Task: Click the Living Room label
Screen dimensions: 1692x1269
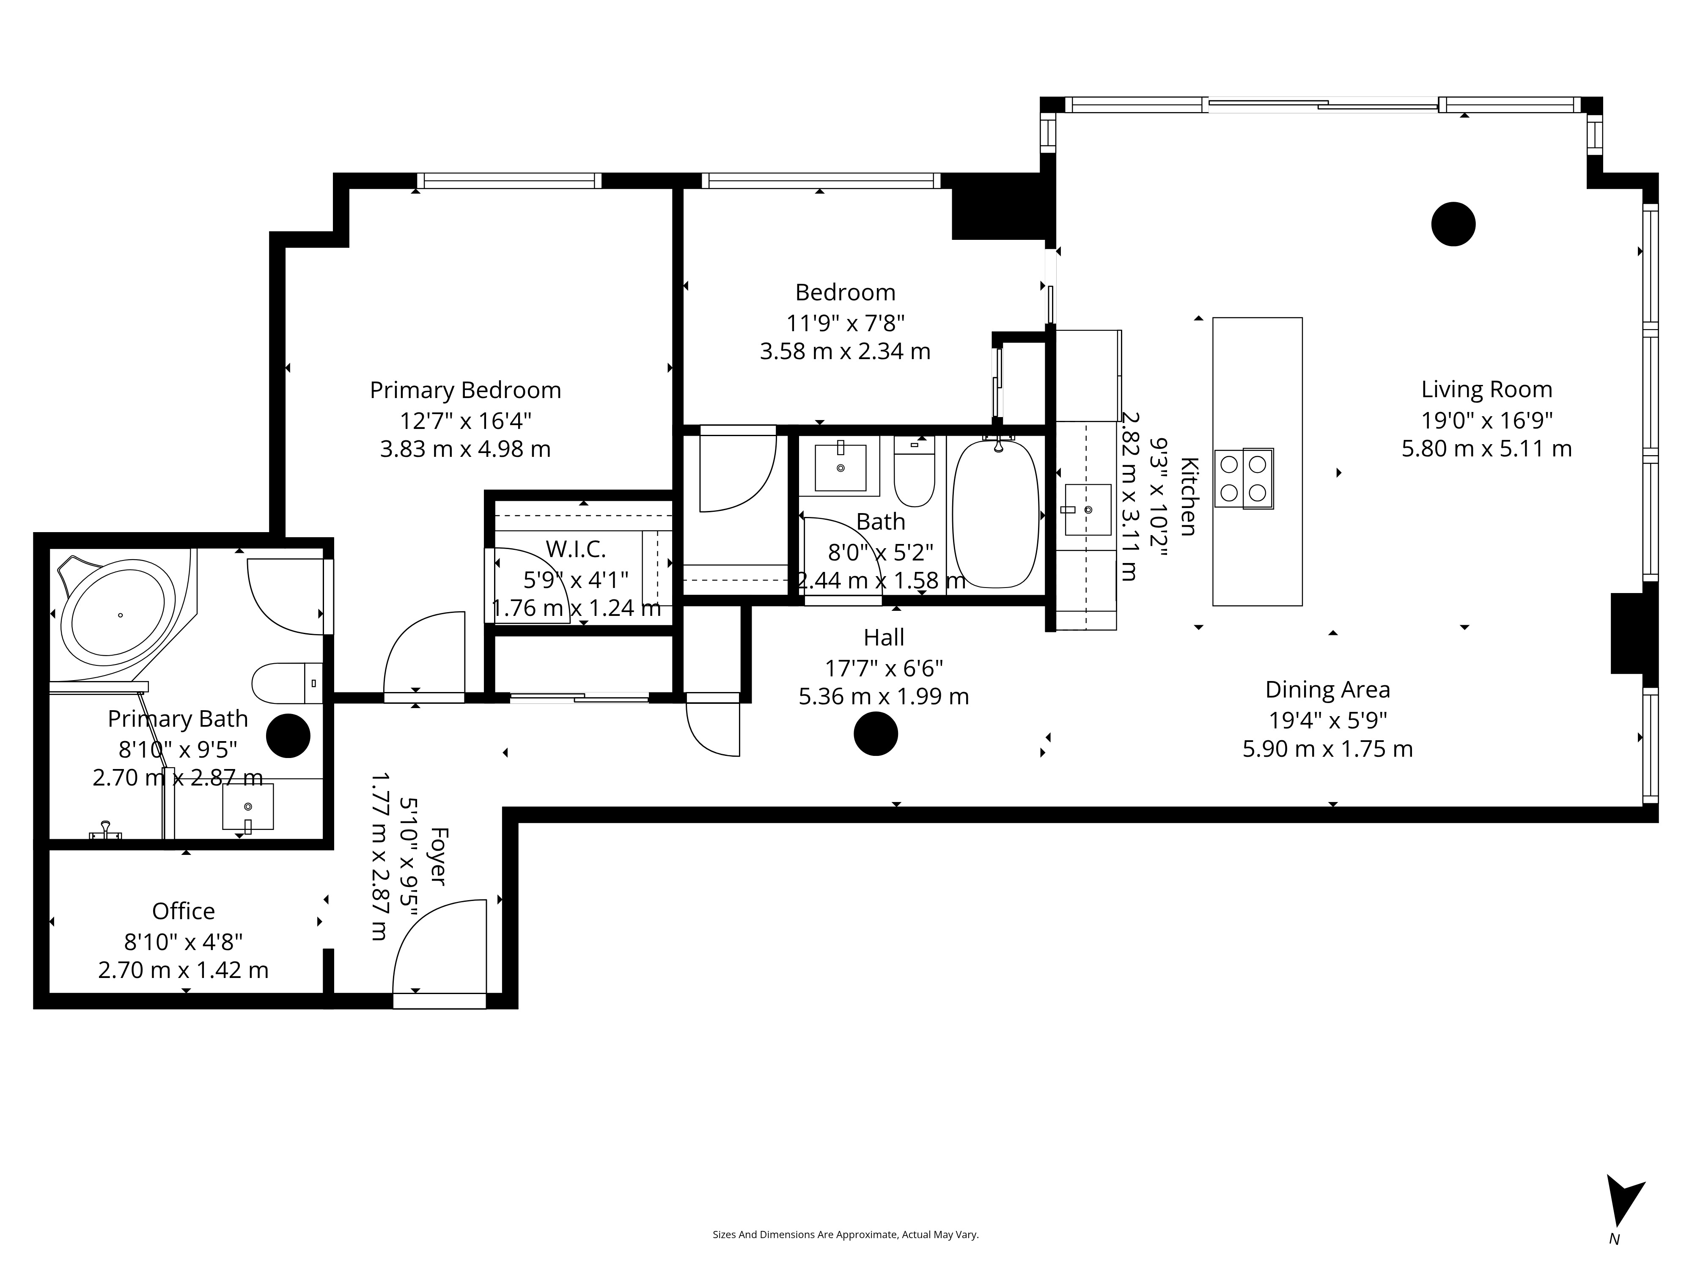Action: pos(1486,389)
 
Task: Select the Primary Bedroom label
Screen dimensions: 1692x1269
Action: pos(465,390)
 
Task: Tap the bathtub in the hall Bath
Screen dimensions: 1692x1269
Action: pos(996,513)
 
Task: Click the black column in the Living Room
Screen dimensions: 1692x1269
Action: pos(1453,224)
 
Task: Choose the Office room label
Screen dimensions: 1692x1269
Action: pos(184,911)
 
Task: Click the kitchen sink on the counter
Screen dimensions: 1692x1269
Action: pos(1087,509)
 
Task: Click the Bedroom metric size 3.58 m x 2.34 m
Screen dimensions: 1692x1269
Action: pos(845,351)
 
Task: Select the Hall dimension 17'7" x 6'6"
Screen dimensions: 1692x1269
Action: pos(884,668)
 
